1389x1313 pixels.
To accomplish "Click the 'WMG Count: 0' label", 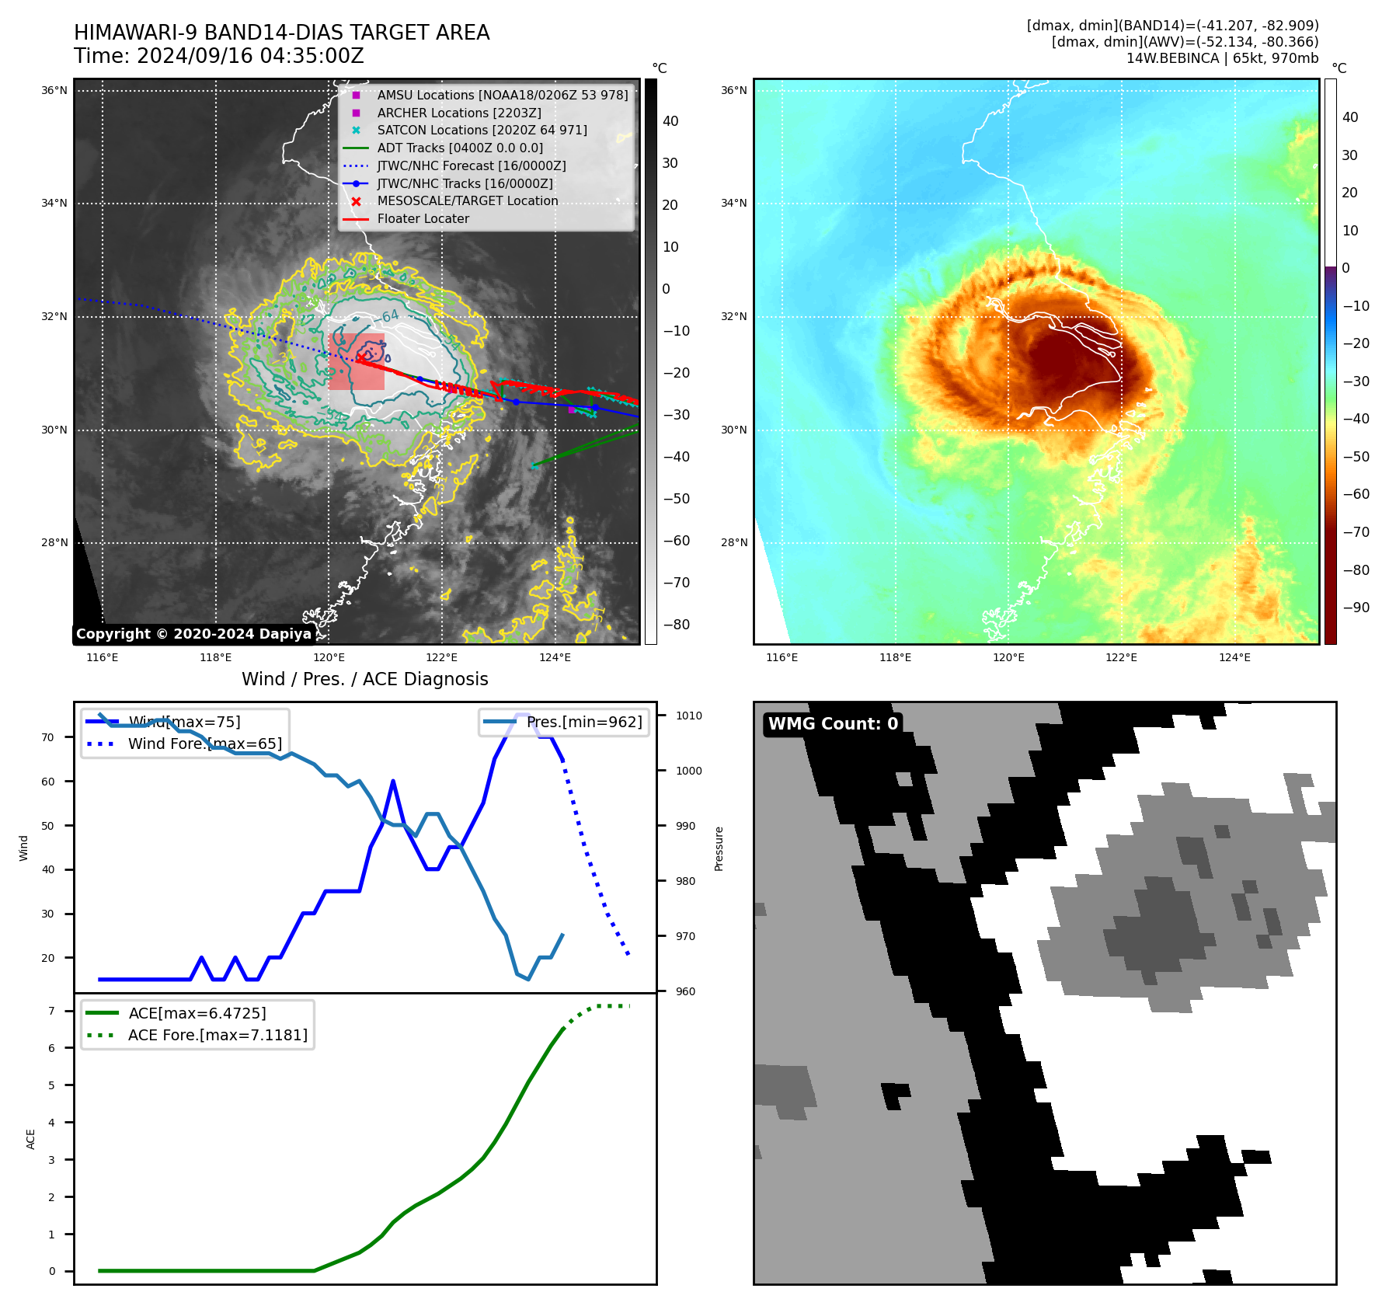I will pos(833,724).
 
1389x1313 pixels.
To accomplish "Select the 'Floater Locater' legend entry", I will pos(423,219).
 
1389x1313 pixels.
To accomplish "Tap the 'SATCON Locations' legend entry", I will pos(482,131).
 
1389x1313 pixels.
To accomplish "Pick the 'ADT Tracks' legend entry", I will pos(460,148).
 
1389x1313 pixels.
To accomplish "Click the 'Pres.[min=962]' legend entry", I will pos(584,723).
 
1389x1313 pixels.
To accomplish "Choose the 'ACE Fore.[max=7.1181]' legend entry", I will pos(218,1036).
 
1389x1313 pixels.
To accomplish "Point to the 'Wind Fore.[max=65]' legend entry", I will pos(205,744).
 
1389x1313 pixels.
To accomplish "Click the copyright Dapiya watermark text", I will pos(193,634).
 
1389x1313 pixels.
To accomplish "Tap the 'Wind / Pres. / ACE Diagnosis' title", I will pos(364,680).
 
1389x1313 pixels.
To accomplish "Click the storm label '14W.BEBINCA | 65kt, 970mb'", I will pos(1222,59).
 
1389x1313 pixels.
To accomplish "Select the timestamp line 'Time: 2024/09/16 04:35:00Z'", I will pos(219,57).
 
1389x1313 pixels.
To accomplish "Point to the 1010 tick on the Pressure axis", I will pos(688,716).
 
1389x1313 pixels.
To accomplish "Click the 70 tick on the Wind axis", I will pos(48,738).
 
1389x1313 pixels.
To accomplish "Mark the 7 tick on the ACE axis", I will pos(52,1012).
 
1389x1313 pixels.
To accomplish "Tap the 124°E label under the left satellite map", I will pos(555,658).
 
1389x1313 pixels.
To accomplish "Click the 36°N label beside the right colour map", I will pos(733,91).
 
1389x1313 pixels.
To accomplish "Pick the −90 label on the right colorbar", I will pos(1356,608).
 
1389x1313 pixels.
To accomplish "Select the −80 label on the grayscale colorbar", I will pos(676,625).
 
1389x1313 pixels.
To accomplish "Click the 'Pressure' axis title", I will pos(719,848).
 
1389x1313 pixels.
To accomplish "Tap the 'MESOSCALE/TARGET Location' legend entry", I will pos(467,201).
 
